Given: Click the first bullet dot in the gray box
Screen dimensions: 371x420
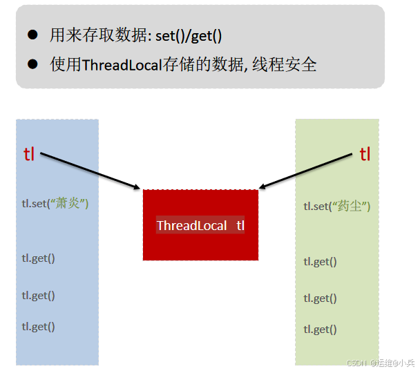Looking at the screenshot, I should click(x=32, y=35).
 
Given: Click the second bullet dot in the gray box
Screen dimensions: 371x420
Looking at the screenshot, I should click(x=32, y=64).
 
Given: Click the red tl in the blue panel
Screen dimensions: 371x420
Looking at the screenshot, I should click(x=29, y=154).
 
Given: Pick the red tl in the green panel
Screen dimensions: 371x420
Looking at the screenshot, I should click(x=365, y=154).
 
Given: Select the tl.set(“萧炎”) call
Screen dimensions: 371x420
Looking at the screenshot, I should click(x=55, y=204).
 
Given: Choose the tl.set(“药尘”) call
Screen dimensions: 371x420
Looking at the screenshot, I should click(x=337, y=206).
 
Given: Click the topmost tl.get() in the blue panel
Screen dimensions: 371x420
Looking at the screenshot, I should click(x=38, y=258).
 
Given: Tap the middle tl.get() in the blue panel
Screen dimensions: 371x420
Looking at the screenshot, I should click(x=38, y=295).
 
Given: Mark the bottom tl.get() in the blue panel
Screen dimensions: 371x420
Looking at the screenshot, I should click(x=38, y=326).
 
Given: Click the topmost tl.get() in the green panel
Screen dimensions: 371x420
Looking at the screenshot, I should click(x=320, y=261).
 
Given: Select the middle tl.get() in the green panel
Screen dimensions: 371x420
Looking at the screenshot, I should click(x=320, y=298).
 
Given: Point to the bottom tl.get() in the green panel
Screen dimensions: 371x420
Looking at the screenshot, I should click(x=320, y=329).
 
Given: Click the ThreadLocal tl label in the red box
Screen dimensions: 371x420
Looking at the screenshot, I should click(x=200, y=225).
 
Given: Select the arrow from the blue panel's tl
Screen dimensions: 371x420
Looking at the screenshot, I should click(x=90, y=170).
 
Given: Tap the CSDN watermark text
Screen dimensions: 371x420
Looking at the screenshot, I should click(x=380, y=362).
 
